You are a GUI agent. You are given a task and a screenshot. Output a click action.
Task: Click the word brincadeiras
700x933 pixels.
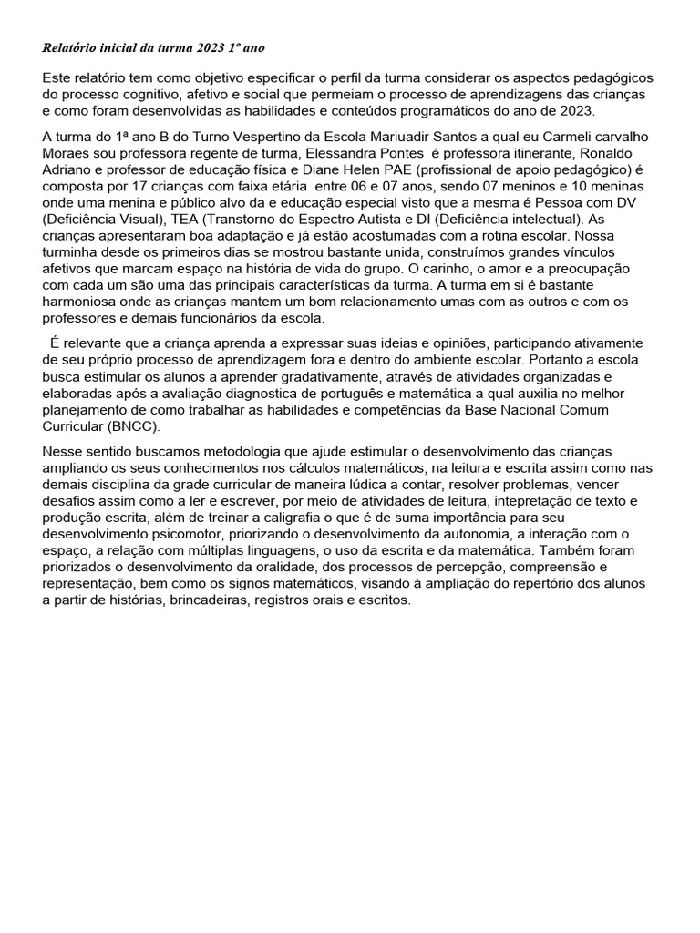pos(208,600)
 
